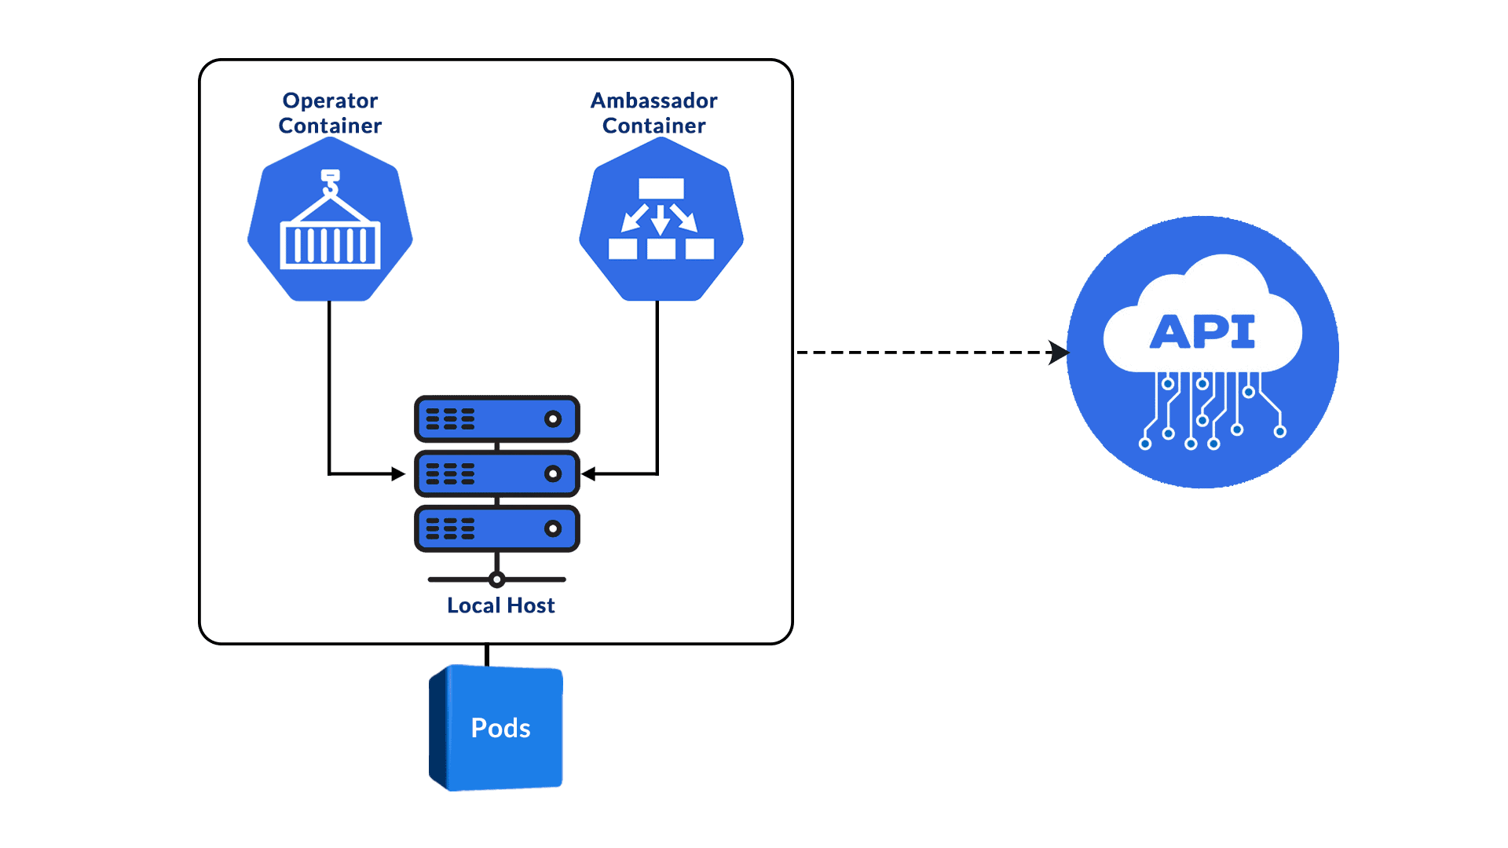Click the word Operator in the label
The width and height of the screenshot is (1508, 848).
330,101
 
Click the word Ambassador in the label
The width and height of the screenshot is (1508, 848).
653,101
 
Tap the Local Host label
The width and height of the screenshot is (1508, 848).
500,605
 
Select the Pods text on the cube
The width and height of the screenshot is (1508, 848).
500,728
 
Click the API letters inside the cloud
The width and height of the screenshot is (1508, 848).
1202,331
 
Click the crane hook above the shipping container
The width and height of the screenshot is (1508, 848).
331,182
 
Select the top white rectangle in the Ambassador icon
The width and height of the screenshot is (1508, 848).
661,188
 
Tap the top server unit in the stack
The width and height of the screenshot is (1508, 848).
496,419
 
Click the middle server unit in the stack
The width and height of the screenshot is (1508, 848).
496,473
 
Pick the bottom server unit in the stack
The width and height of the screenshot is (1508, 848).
496,528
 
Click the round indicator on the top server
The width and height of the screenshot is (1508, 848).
553,419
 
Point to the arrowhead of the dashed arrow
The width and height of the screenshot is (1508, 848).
1059,353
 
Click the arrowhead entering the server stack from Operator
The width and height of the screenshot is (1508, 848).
398,473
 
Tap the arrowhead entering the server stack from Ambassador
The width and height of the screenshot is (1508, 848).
589,473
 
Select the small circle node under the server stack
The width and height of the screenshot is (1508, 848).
496,580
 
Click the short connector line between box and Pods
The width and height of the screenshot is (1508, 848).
487,655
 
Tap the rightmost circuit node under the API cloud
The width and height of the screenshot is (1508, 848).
1279,431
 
